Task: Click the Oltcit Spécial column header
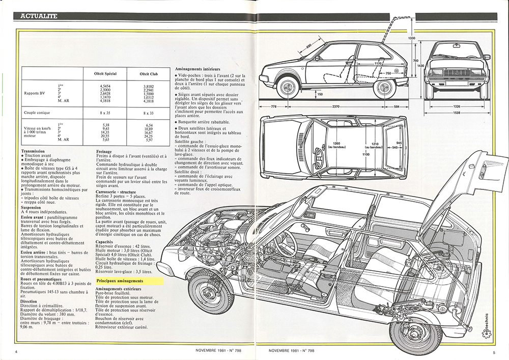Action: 104,74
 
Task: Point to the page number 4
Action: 17,351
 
